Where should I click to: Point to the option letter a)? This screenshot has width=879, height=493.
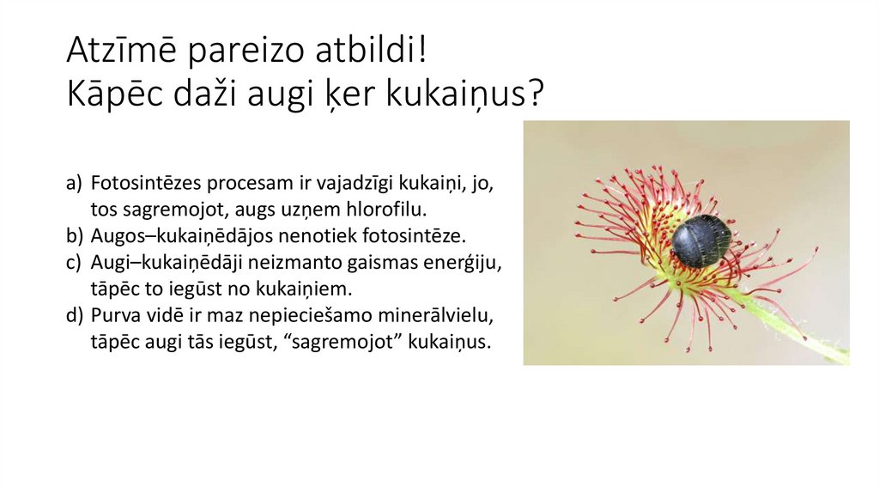tap(74, 184)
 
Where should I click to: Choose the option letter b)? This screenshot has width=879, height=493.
tap(74, 234)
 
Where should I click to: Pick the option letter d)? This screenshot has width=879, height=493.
tap(74, 315)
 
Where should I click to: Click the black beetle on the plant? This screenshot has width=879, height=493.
tap(700, 240)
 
